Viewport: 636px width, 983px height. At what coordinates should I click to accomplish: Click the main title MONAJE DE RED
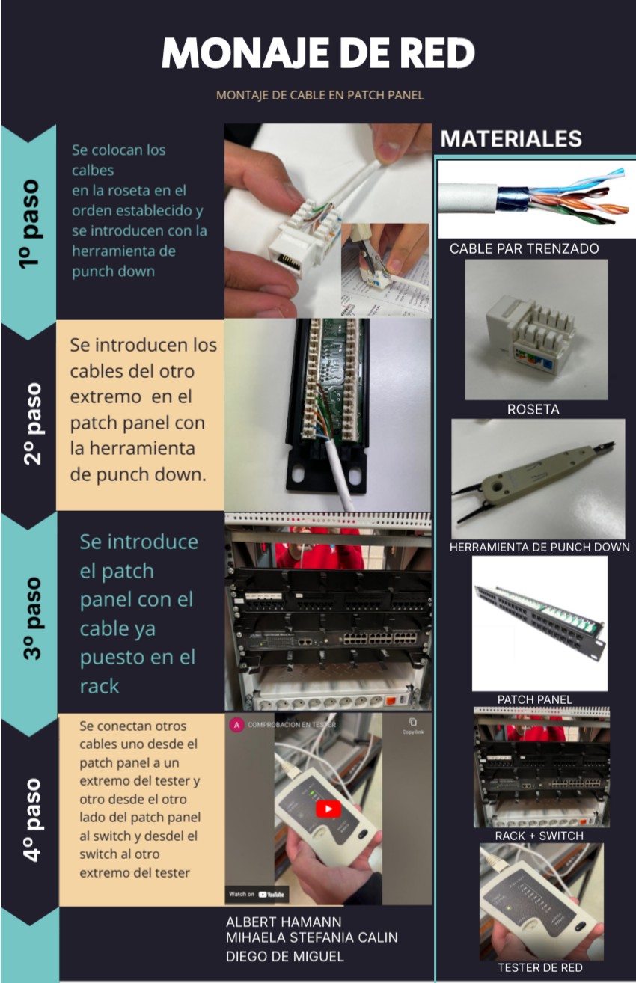pyautogui.click(x=318, y=54)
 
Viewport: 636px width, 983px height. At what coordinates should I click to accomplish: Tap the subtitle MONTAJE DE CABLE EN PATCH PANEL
pyautogui.click(x=319, y=95)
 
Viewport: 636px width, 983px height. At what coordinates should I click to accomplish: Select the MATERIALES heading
pyautogui.click(x=511, y=138)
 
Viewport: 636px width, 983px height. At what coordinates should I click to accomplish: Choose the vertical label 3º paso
pyautogui.click(x=32, y=618)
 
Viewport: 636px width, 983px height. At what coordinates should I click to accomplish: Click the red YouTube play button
pyautogui.click(x=328, y=809)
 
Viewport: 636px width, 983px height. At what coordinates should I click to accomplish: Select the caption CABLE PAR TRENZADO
pyautogui.click(x=524, y=248)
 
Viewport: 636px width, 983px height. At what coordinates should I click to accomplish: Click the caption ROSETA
pyautogui.click(x=533, y=409)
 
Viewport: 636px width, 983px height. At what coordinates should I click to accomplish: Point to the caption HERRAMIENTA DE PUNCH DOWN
pyautogui.click(x=539, y=547)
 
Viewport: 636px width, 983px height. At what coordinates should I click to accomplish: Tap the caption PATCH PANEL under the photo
pyautogui.click(x=534, y=699)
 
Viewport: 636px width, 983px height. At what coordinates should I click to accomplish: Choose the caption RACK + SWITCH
pyautogui.click(x=539, y=836)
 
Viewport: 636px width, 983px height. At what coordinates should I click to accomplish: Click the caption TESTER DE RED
pyautogui.click(x=540, y=967)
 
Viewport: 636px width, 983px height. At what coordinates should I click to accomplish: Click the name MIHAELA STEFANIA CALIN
pyautogui.click(x=311, y=938)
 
